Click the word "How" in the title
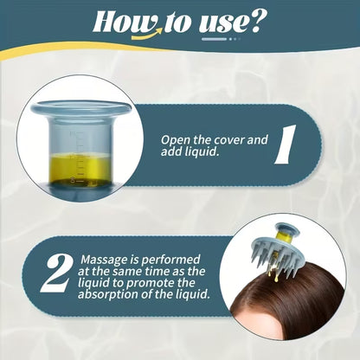(x=125, y=22)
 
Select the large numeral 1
(x=286, y=145)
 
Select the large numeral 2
(x=56, y=274)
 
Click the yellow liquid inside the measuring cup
(x=80, y=170)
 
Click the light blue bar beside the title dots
(x=214, y=39)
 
